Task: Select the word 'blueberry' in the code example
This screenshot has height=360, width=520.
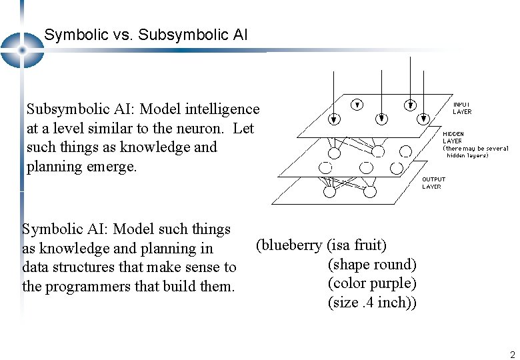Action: click(x=291, y=245)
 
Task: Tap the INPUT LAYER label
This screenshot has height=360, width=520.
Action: click(x=462, y=108)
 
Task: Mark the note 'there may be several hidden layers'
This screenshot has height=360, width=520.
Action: click(x=475, y=152)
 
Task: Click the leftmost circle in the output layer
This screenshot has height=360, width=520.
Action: click(x=330, y=191)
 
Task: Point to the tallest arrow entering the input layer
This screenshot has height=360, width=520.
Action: click(x=381, y=93)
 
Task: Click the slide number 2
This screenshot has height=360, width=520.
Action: click(x=512, y=355)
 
